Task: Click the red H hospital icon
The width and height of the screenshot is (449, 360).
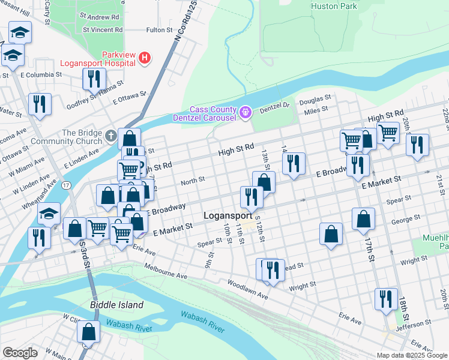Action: tap(144, 58)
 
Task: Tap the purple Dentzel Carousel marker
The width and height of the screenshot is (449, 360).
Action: tap(245, 112)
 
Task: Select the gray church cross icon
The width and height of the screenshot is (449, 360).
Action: tap(110, 136)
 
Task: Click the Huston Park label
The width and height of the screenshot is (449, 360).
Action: tap(334, 7)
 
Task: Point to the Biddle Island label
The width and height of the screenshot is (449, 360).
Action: tap(116, 305)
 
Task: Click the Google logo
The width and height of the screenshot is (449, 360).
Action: tap(20, 353)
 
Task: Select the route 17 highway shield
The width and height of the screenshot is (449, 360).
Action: tap(68, 185)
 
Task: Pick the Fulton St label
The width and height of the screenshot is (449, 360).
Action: tap(159, 29)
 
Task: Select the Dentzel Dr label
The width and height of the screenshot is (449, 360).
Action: tap(274, 105)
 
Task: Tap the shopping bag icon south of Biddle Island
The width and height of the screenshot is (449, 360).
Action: tap(89, 331)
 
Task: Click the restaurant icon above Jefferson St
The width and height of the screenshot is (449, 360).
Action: tap(385, 298)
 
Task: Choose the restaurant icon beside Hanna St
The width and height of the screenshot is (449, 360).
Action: tap(94, 78)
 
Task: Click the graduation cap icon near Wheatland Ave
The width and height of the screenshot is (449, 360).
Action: tap(49, 214)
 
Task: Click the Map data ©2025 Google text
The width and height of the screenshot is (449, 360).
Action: tap(411, 355)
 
